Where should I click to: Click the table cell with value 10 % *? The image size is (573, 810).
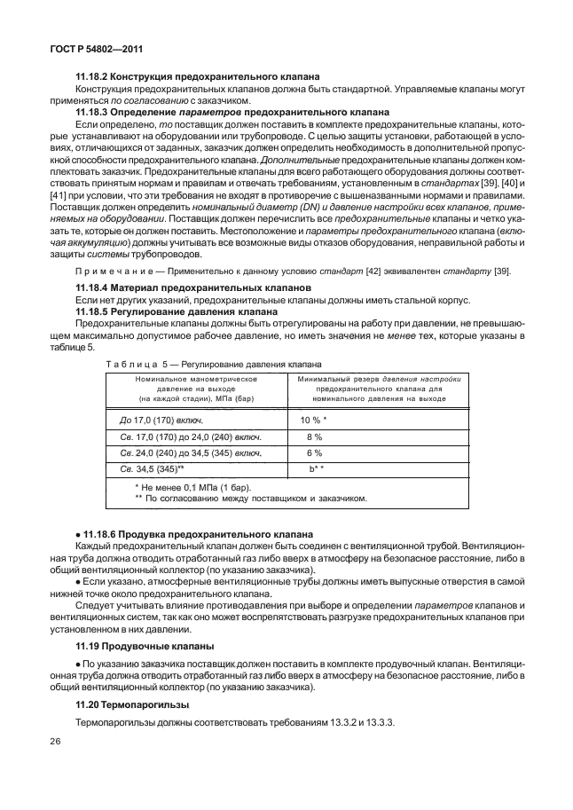[314, 420]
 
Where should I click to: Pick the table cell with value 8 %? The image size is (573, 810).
[314, 436]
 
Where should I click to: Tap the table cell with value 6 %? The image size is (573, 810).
[314, 452]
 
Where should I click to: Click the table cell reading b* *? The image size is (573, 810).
[316, 468]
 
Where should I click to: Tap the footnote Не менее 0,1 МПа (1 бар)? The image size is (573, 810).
[192, 487]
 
